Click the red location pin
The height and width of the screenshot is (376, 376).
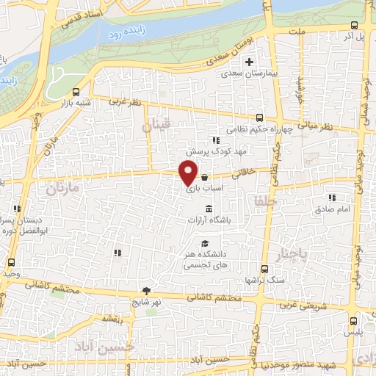(x=188, y=173)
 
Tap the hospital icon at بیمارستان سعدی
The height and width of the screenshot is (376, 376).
(x=249, y=62)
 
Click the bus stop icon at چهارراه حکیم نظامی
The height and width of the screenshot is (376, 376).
(x=258, y=117)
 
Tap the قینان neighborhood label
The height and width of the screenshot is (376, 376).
(x=156, y=126)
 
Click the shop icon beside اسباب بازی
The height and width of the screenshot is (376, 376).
(x=203, y=178)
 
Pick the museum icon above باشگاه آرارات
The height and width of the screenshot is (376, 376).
(x=209, y=210)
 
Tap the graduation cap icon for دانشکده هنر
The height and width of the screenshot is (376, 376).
(x=204, y=244)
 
